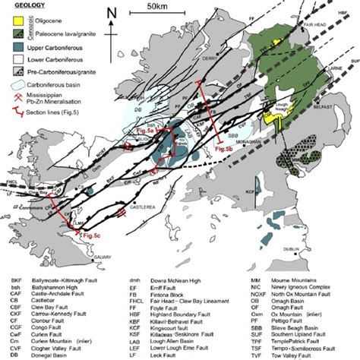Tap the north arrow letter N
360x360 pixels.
pos(112,13)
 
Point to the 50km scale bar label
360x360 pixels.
pos(159,7)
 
